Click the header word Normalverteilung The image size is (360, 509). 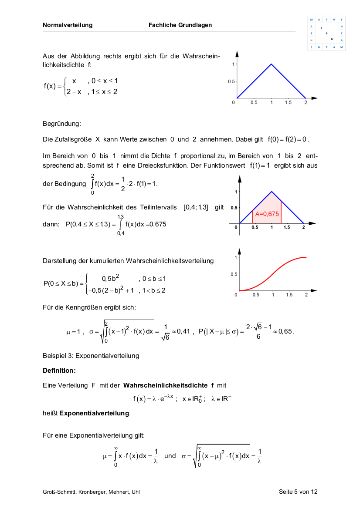tap(68, 25)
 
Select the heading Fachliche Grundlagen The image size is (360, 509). tap(180, 25)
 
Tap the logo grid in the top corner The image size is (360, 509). tap(326, 34)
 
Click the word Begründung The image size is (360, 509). tap(62, 124)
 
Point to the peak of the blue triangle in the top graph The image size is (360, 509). tap(271, 64)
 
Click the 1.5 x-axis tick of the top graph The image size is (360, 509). tap(288, 103)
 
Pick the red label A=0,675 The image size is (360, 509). tap(267, 214)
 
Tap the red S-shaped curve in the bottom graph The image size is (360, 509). tap(272, 275)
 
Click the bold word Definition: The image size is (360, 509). tap(59, 371)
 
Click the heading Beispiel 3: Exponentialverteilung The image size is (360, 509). tap(91, 356)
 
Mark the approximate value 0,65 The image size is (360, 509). tap(286, 332)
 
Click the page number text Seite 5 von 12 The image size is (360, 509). tap(298, 492)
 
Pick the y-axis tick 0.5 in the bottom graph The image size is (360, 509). tap(234, 274)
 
